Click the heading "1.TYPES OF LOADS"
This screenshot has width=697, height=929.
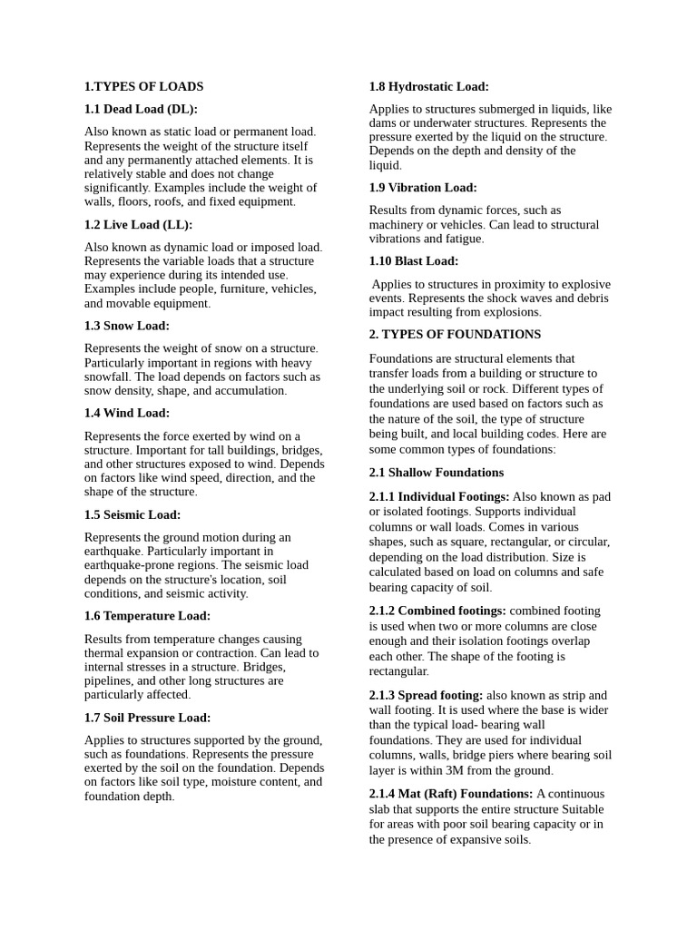click(143, 87)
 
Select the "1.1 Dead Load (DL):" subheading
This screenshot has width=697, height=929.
click(141, 109)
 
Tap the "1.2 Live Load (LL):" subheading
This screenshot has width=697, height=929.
click(138, 224)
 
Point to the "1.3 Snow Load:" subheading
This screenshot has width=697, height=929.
click(127, 326)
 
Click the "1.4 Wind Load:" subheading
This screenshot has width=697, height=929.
click(127, 413)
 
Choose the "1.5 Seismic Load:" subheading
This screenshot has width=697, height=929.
click(133, 514)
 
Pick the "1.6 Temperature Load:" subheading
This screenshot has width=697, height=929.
click(147, 616)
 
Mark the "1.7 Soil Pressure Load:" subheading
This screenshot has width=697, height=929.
click(147, 718)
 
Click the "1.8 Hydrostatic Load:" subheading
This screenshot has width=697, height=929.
click(428, 87)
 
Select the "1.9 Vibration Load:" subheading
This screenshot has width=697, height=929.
click(422, 188)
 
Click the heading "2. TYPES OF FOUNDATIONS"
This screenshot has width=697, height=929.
click(455, 335)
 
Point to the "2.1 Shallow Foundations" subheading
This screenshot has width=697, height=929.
click(436, 473)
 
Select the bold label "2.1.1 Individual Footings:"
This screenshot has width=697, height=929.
click(439, 497)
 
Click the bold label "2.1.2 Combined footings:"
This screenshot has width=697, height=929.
click(437, 611)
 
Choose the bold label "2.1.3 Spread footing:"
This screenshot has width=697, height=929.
click(426, 695)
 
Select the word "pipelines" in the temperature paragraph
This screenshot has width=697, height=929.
click(106, 680)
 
